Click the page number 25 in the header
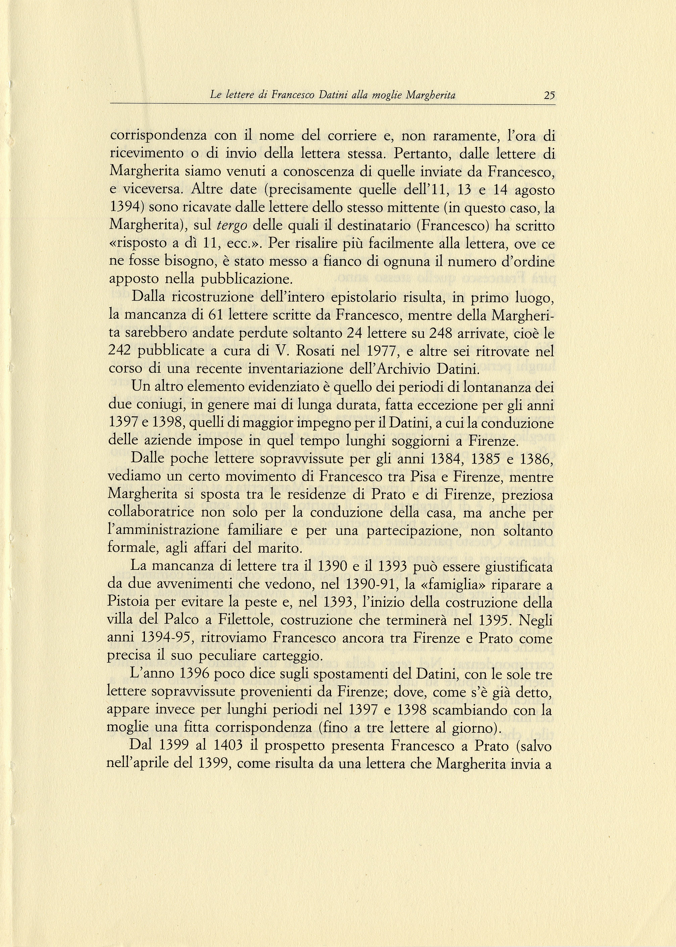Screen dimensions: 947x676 pyautogui.click(x=549, y=96)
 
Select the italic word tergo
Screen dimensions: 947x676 pyautogui.click(x=232, y=226)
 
